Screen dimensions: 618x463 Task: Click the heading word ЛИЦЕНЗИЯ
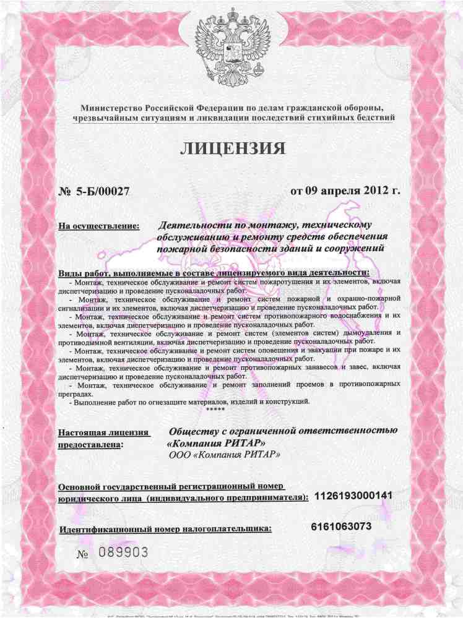pyautogui.click(x=233, y=148)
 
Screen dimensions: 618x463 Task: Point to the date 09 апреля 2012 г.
pyautogui.click(x=345, y=189)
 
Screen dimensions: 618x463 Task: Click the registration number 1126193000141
pyautogui.click(x=353, y=496)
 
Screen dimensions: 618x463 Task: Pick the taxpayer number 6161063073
pyautogui.click(x=342, y=526)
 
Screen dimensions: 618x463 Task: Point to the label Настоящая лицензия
pyautogui.click(x=103, y=431)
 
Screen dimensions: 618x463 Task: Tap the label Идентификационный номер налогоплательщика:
pyautogui.click(x=166, y=530)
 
